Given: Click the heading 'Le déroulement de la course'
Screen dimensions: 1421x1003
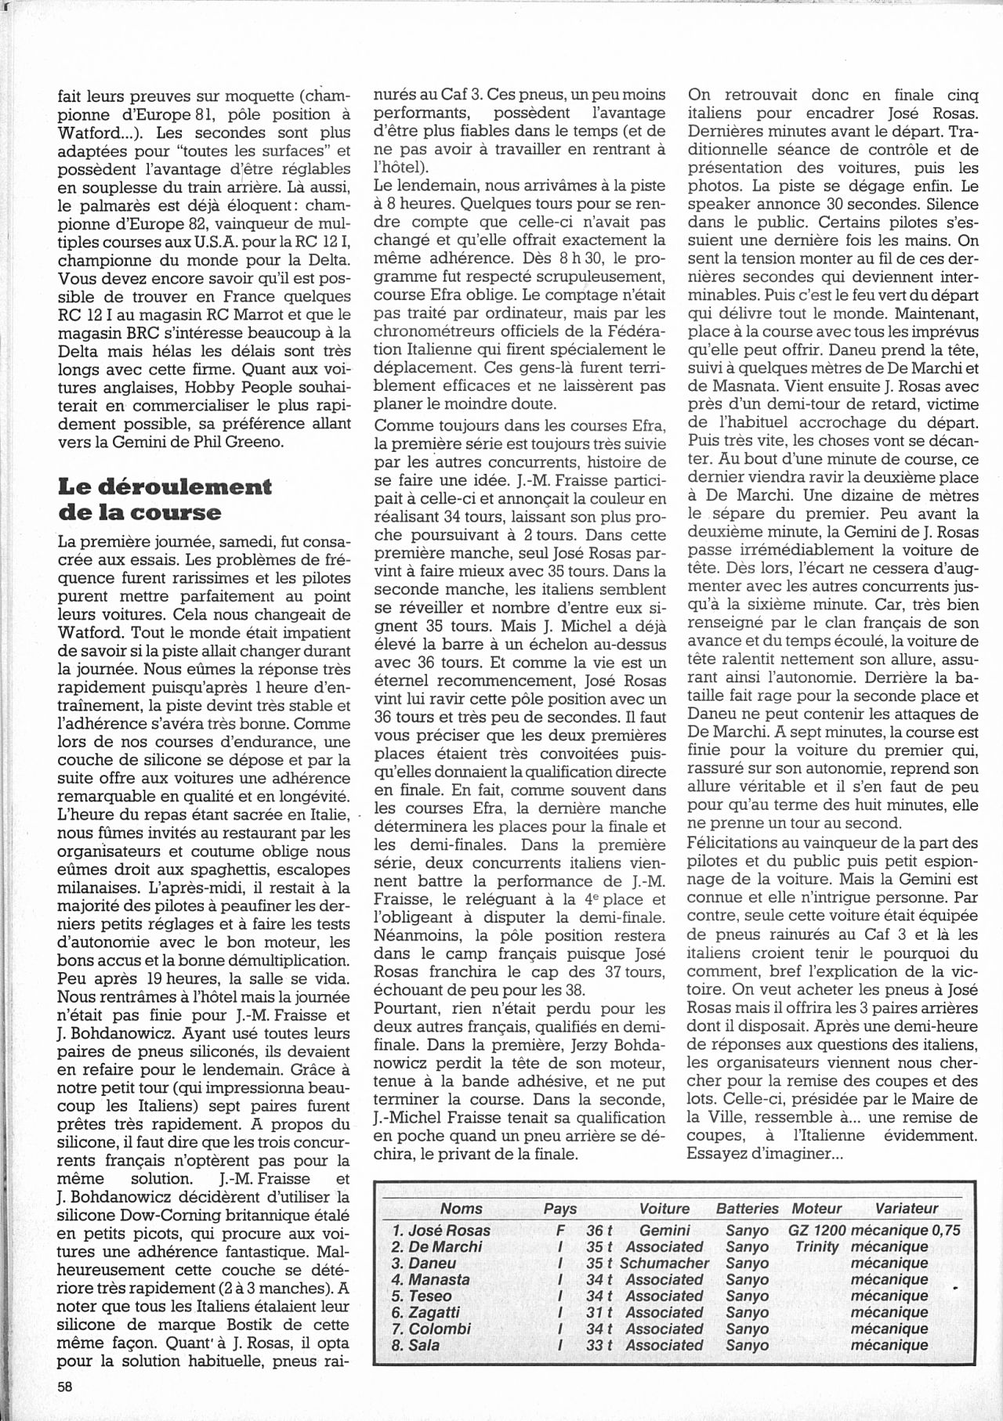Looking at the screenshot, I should point(165,499).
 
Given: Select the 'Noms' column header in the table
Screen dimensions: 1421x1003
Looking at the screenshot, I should point(462,1209).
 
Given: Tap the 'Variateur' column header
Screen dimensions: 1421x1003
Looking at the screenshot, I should point(906,1209).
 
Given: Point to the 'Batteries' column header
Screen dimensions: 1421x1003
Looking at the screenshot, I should point(747,1209).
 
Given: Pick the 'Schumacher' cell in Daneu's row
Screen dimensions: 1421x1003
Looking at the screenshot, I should point(664,1263).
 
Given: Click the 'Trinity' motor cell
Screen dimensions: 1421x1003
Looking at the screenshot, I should point(817,1246).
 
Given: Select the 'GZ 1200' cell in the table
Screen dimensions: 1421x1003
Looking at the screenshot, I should point(817,1230).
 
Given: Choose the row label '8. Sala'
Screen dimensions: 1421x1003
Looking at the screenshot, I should point(415,1345).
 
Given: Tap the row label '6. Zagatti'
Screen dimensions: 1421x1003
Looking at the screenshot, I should point(425,1312).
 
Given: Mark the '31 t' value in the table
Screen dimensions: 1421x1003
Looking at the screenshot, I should point(599,1312).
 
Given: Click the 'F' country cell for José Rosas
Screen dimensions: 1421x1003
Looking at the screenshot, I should point(559,1230).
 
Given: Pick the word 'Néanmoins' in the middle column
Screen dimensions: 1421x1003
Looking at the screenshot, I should point(410,936).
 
